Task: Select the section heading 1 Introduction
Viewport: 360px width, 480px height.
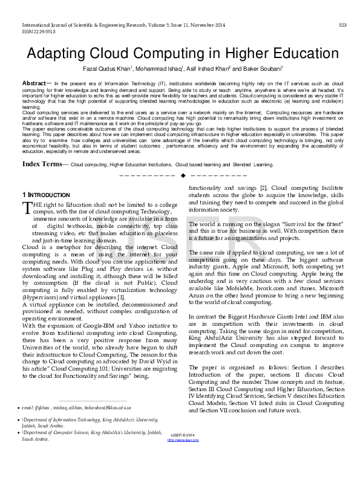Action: click(46, 195)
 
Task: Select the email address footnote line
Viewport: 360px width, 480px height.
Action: click(79, 427)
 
